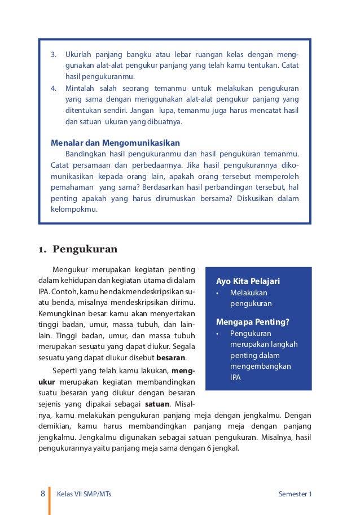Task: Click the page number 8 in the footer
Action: tap(43, 494)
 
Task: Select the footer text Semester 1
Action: tap(295, 495)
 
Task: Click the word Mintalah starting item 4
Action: tap(81, 89)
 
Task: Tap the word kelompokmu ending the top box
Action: tap(74, 209)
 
